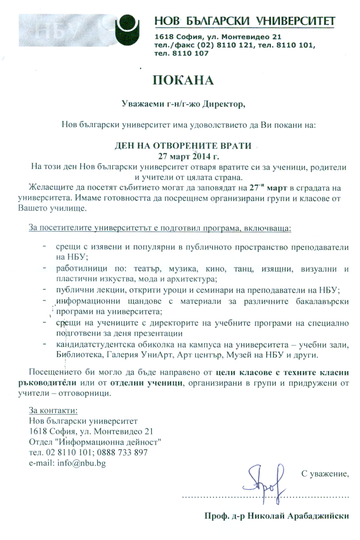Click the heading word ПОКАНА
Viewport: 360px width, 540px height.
[x=183, y=80]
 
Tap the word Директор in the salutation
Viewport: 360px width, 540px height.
[x=223, y=104]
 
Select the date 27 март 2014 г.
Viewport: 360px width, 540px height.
[x=188, y=157]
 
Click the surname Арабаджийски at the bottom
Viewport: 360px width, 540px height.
[x=318, y=516]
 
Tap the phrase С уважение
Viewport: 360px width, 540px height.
[x=325, y=474]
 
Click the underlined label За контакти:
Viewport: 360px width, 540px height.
[x=53, y=410]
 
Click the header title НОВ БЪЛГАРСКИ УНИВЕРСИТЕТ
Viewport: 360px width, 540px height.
[x=245, y=21]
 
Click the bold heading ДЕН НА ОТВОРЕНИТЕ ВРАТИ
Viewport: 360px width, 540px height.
[x=183, y=146]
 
